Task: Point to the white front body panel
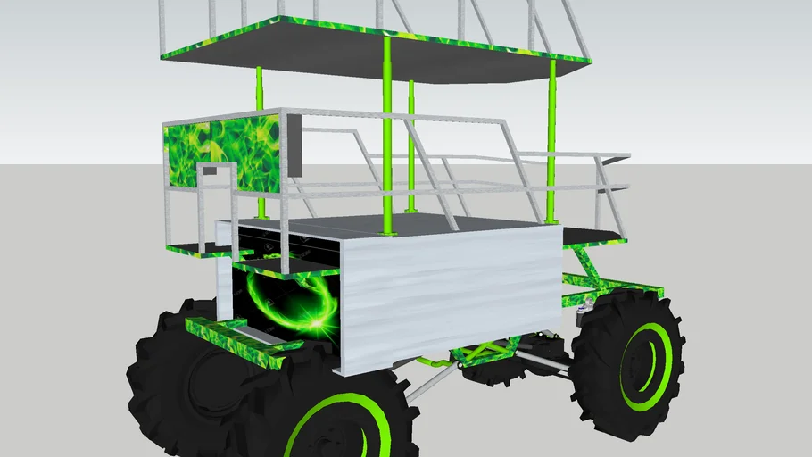446,286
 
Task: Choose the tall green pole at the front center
387,134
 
